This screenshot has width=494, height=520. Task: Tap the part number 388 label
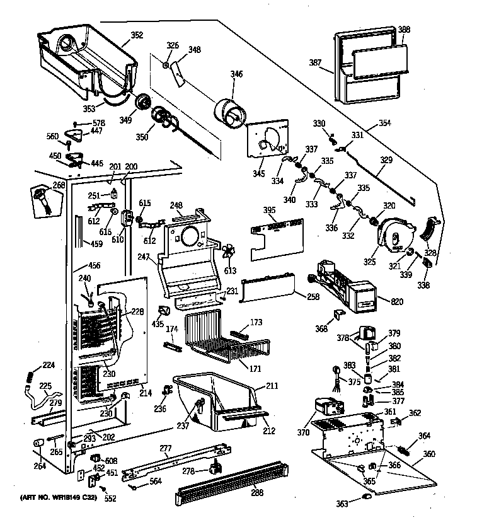(x=404, y=29)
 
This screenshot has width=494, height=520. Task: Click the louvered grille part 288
(x=233, y=485)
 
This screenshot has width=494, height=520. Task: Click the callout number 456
(x=95, y=267)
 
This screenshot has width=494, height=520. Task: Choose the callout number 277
(x=166, y=448)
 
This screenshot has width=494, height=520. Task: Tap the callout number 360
(x=428, y=454)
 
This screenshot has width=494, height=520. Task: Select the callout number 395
(x=269, y=210)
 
